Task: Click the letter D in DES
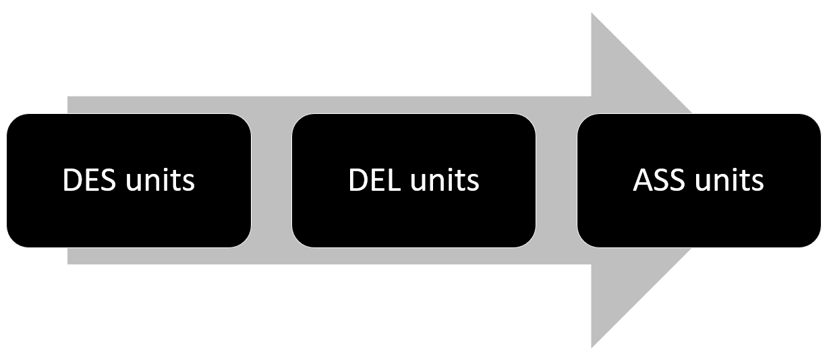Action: click(71, 181)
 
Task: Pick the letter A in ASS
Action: click(642, 181)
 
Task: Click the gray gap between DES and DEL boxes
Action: click(271, 180)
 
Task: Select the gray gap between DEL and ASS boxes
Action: click(556, 180)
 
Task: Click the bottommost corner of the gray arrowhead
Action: click(592, 346)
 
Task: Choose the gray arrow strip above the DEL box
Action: click(413, 104)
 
